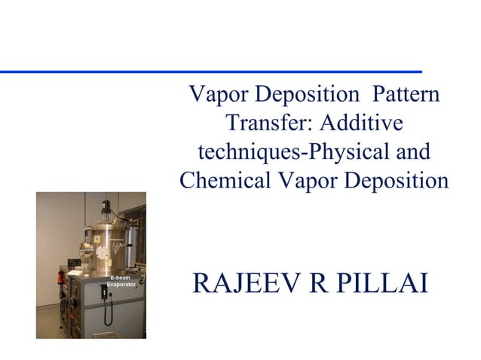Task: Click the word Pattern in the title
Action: pos(401,96)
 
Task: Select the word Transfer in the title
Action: pos(265,124)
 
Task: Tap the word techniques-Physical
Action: pos(294,152)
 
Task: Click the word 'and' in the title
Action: pos(414,152)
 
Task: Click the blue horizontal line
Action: pos(211,71)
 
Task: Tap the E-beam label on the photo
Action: pos(120,279)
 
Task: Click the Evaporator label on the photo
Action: pos(120,286)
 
